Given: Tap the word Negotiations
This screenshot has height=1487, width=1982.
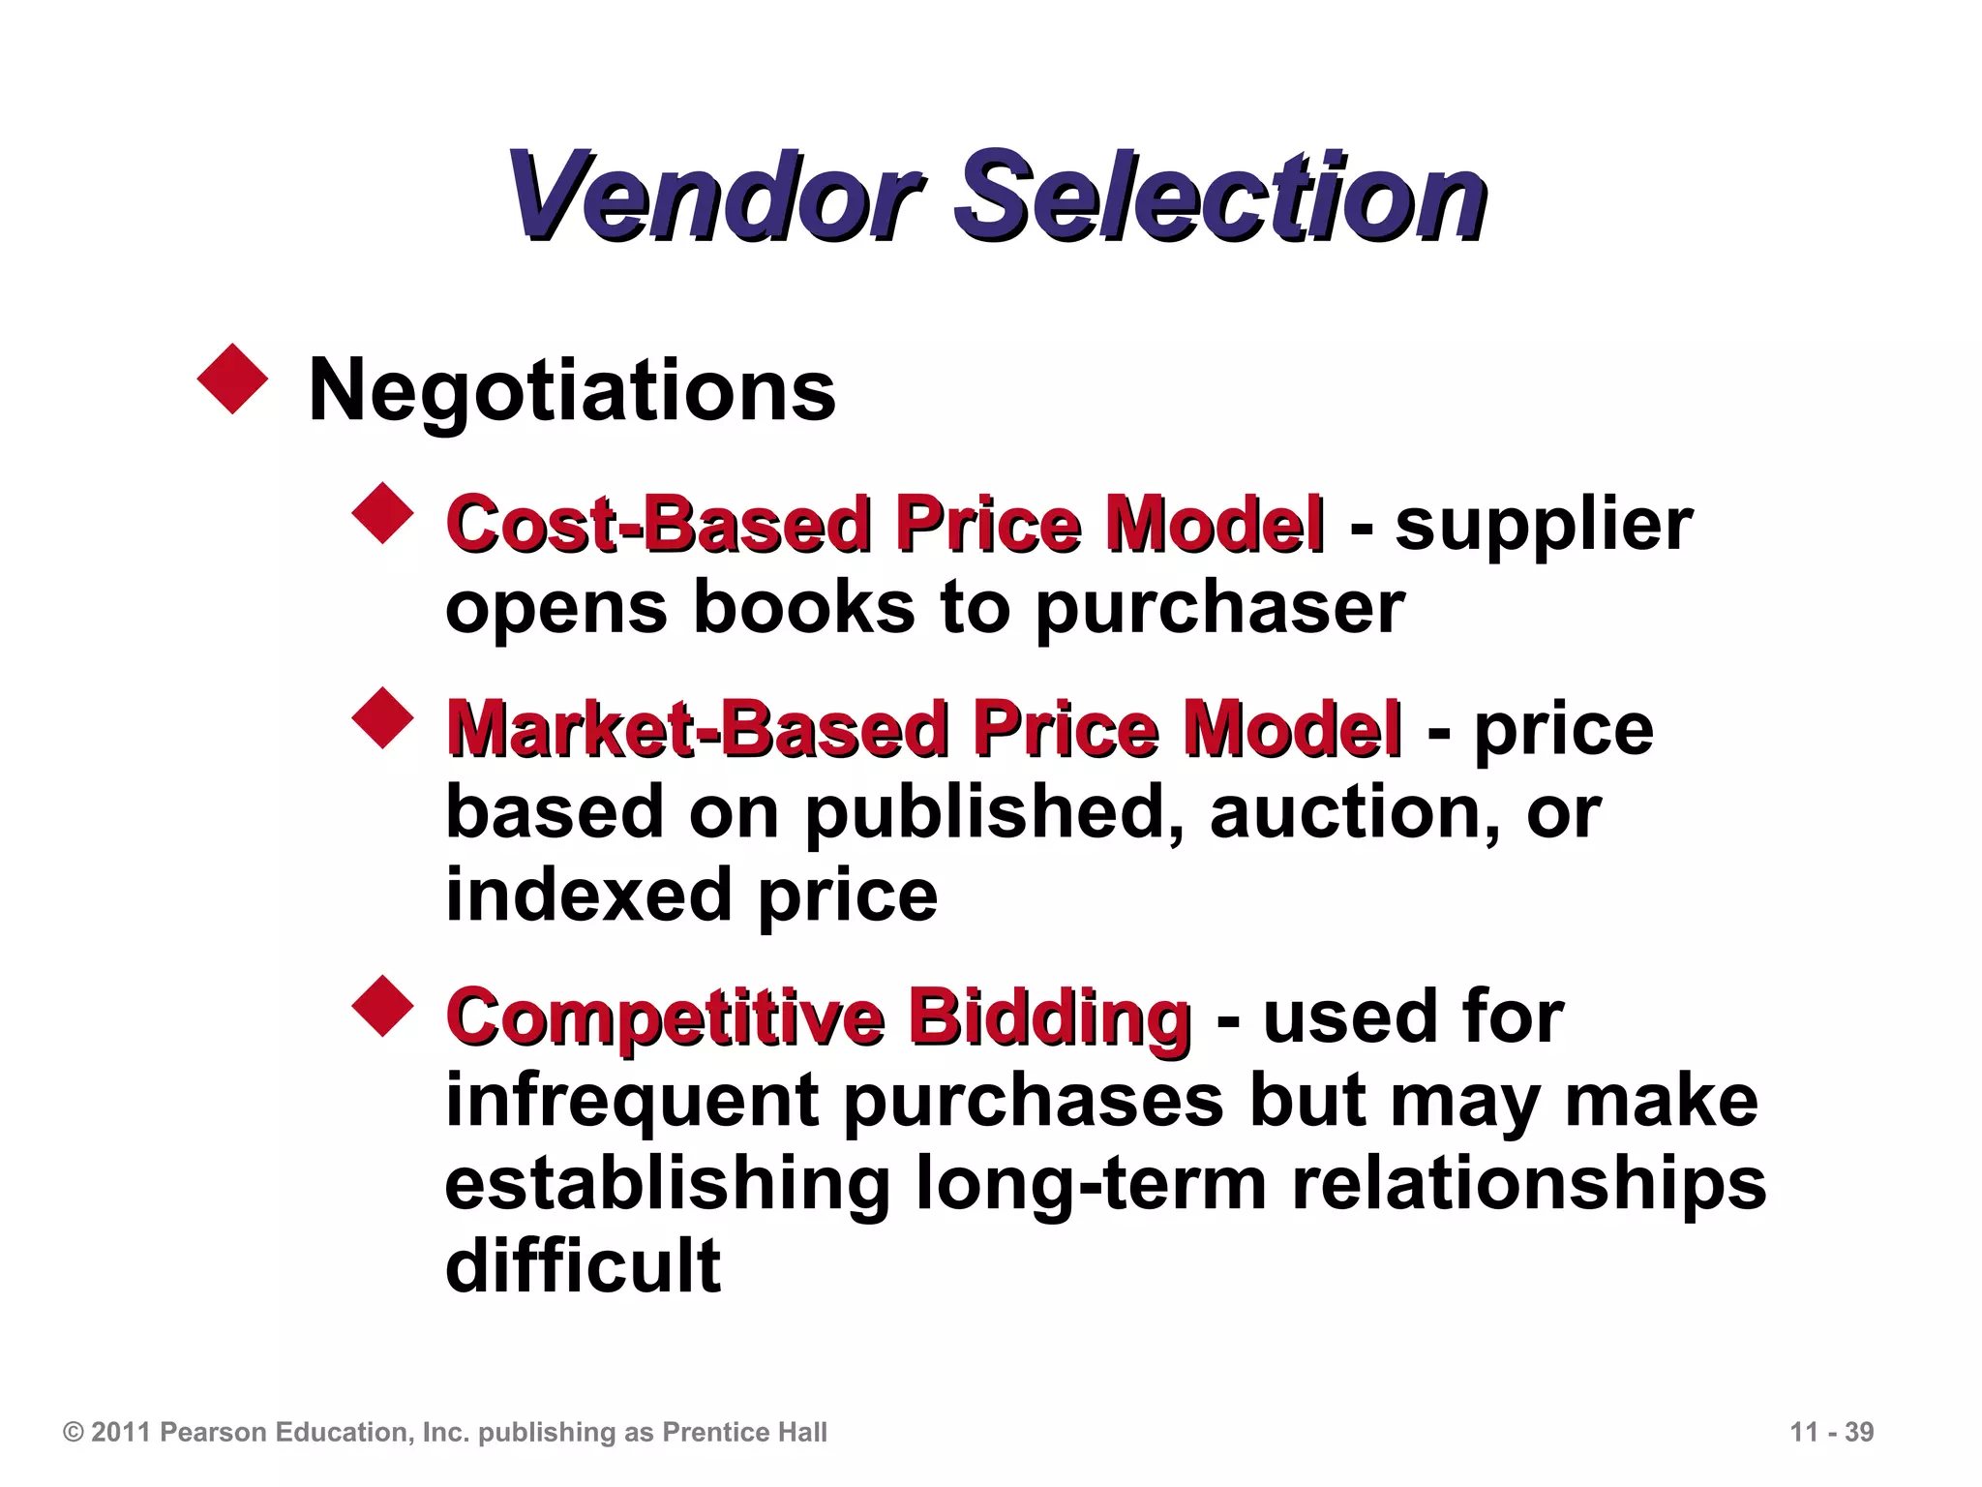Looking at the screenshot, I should [571, 390].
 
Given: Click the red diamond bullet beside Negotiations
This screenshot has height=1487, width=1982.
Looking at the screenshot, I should [232, 379].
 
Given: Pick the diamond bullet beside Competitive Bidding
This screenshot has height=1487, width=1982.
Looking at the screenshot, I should [383, 1006].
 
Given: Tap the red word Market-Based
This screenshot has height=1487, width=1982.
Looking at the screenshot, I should [698, 728].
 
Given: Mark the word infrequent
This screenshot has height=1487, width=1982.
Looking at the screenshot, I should [631, 1102].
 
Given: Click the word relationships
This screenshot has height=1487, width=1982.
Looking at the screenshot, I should [1529, 1184].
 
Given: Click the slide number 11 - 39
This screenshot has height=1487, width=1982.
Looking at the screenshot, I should [1831, 1432].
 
